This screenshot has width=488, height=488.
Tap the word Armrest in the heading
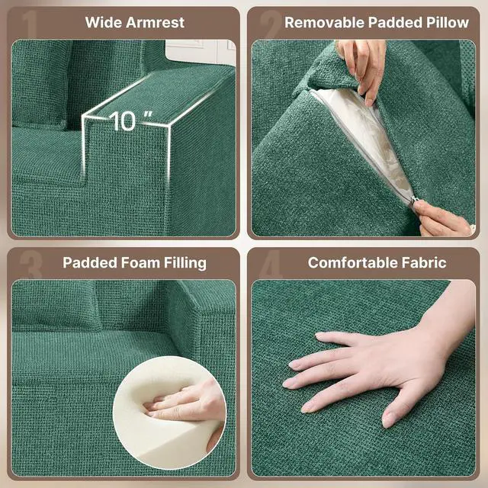156,22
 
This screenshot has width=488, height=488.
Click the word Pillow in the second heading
448,22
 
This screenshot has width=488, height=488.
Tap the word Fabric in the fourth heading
424,262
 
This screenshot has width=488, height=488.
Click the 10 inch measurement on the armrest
130,120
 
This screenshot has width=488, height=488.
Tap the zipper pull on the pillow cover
413,200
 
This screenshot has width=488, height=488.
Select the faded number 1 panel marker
30,25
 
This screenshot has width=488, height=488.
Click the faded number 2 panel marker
270,25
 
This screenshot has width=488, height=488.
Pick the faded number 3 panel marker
30,265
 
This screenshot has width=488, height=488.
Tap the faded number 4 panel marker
271,265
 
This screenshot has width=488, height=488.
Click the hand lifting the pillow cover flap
363,69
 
